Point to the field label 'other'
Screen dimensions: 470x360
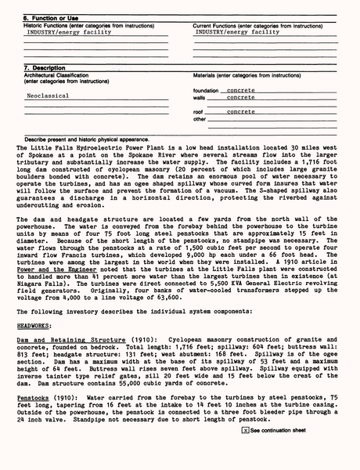200,119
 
